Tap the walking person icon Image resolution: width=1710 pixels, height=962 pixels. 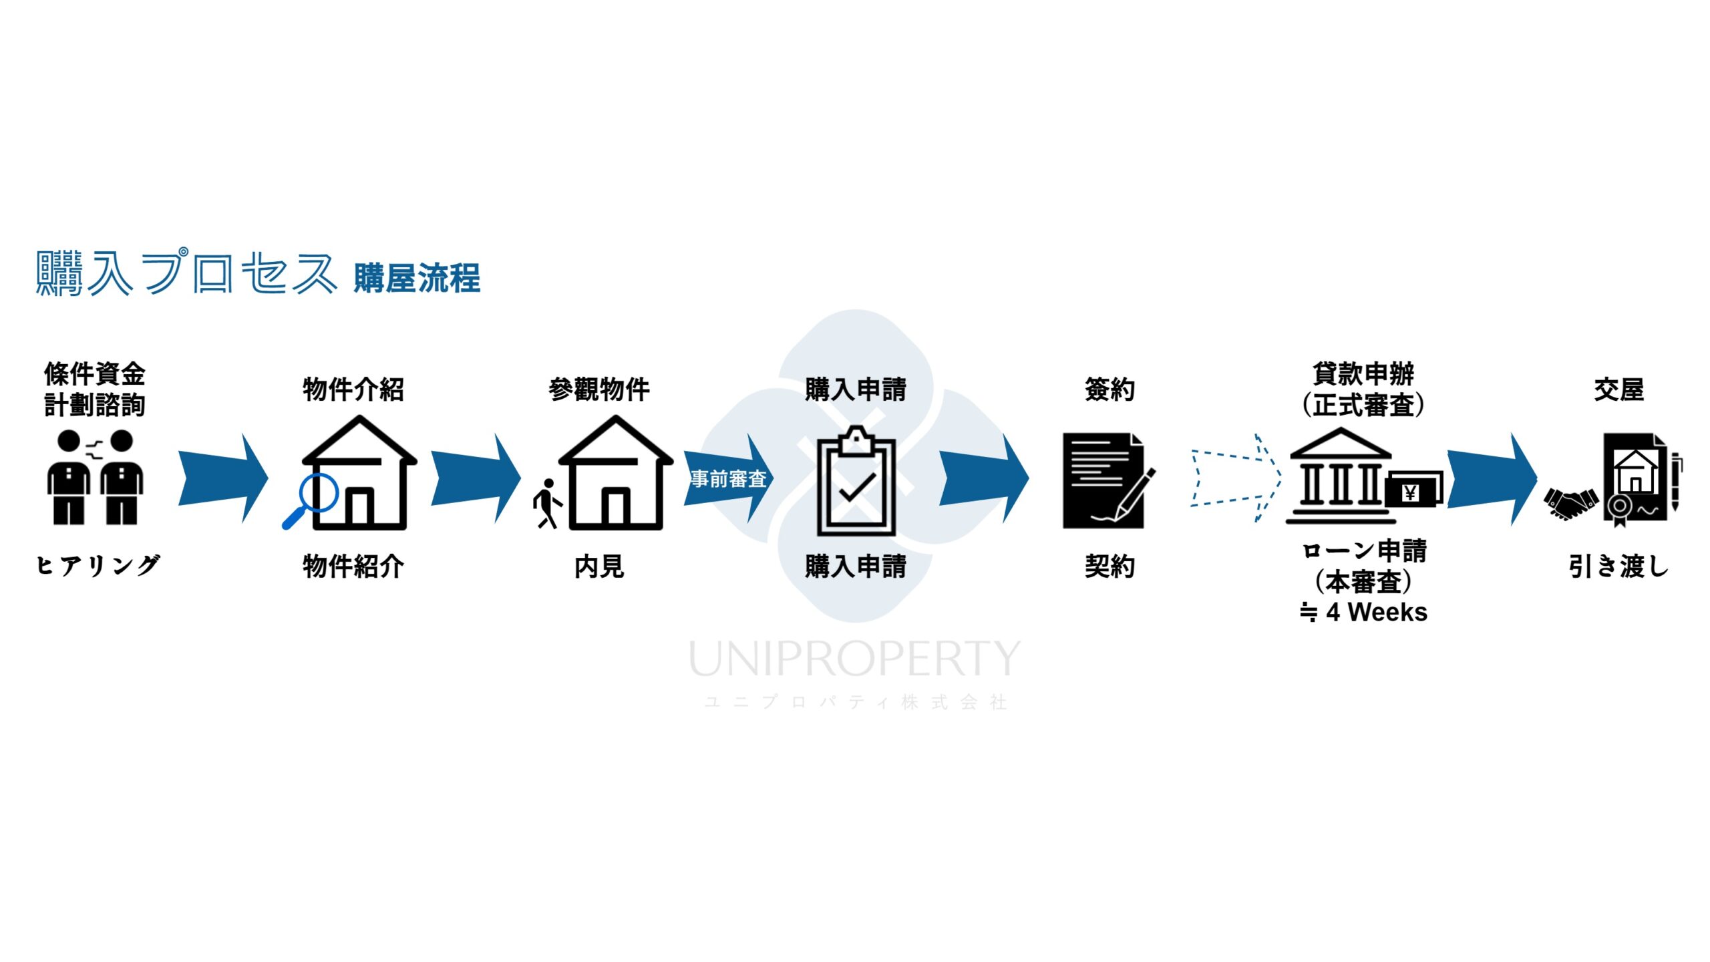pyautogui.click(x=547, y=504)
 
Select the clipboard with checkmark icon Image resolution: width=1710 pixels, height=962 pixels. pyautogui.click(x=856, y=482)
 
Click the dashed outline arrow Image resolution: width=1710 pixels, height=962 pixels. pyautogui.click(x=1235, y=477)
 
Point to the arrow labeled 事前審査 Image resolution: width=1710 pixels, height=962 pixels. pyautogui.click(x=728, y=478)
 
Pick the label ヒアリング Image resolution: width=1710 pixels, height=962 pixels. pyautogui.click(x=98, y=566)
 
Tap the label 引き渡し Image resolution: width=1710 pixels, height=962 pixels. pyautogui.click(x=1618, y=567)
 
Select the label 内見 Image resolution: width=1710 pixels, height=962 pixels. pyautogui.click(x=599, y=567)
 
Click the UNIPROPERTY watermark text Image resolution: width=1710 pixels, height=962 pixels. pyautogui.click(x=854, y=659)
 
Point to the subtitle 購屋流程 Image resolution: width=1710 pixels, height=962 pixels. pyautogui.click(x=417, y=279)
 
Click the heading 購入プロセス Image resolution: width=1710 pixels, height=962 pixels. pyautogui.click(x=186, y=273)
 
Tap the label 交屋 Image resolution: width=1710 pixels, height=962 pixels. pyautogui.click(x=1618, y=389)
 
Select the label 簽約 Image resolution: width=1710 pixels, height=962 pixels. pyautogui.click(x=1109, y=389)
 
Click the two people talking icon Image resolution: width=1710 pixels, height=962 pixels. pyautogui.click(x=95, y=477)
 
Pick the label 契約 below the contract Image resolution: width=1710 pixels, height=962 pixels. pyautogui.click(x=1109, y=567)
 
